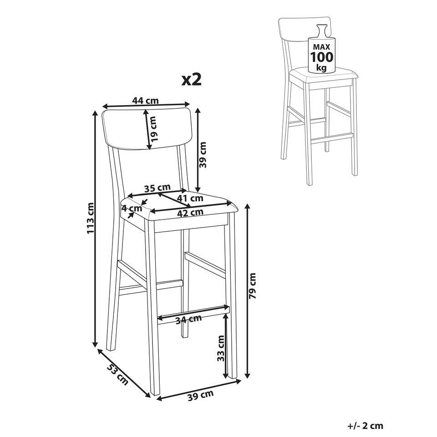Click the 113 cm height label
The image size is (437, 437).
(x=91, y=218)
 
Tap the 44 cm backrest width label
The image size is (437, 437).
(x=146, y=101)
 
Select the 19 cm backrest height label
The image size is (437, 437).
(x=153, y=128)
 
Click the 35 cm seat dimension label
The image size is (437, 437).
(x=158, y=188)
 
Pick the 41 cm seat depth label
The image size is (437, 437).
(x=191, y=198)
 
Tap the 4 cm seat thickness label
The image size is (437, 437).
(x=132, y=208)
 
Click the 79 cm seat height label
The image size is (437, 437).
(x=253, y=286)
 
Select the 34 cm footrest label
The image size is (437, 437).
(x=188, y=319)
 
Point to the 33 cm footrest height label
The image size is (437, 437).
(x=221, y=348)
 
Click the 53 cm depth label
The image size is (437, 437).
(x=117, y=374)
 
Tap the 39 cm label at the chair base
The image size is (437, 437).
(x=201, y=395)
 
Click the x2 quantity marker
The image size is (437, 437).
(x=192, y=80)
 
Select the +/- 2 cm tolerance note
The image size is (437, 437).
(x=366, y=426)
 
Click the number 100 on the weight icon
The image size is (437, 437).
(x=322, y=57)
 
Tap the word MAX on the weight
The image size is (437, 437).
(x=322, y=46)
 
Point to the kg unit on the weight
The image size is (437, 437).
(x=322, y=68)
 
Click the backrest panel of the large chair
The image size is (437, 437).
(x=147, y=128)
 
